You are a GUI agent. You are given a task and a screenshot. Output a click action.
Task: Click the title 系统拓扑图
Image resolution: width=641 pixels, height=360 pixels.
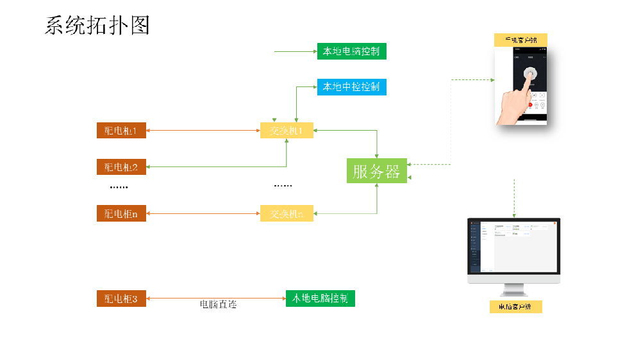click(97, 25)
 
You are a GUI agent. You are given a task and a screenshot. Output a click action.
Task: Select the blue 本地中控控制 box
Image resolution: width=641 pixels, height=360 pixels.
click(351, 86)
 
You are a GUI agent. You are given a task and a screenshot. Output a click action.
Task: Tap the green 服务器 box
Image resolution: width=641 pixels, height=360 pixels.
click(376, 171)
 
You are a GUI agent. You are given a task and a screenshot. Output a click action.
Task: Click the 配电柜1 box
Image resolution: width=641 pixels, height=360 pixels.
click(121, 131)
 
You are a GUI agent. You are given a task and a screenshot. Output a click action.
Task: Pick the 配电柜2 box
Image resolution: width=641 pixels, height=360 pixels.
click(121, 167)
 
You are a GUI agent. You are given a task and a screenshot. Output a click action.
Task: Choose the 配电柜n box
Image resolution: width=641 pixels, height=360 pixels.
click(121, 213)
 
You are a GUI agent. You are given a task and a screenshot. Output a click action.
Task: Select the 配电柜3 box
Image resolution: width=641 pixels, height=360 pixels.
click(121, 299)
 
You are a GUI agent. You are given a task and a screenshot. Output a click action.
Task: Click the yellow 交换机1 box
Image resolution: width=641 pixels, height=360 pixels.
click(287, 131)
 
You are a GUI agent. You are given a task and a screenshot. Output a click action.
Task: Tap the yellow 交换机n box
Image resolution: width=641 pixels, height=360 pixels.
click(287, 213)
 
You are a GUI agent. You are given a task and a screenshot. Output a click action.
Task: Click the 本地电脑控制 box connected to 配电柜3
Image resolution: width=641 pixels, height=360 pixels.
click(320, 299)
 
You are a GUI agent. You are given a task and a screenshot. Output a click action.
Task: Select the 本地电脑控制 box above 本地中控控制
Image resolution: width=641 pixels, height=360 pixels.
click(351, 51)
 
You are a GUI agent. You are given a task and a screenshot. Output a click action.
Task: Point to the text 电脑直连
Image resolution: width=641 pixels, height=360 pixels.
click(219, 305)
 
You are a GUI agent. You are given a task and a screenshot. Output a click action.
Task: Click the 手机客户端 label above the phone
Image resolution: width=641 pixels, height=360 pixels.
click(520, 40)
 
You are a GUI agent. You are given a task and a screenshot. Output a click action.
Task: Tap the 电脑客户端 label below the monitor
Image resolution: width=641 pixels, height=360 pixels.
click(515, 307)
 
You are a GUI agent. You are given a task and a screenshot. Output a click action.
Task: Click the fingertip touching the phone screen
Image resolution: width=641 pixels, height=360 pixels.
click(529, 76)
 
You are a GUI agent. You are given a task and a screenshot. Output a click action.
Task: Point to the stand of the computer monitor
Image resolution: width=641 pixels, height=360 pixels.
click(514, 290)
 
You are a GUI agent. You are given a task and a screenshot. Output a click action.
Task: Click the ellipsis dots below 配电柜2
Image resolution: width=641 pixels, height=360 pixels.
click(119, 187)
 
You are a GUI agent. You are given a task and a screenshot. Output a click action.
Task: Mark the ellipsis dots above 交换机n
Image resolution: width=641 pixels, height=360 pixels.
click(283, 186)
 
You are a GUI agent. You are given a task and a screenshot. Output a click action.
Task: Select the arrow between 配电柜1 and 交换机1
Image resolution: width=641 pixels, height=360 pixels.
click(203, 131)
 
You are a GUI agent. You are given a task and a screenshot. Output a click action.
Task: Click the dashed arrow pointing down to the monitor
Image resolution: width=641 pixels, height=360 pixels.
click(514, 199)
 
